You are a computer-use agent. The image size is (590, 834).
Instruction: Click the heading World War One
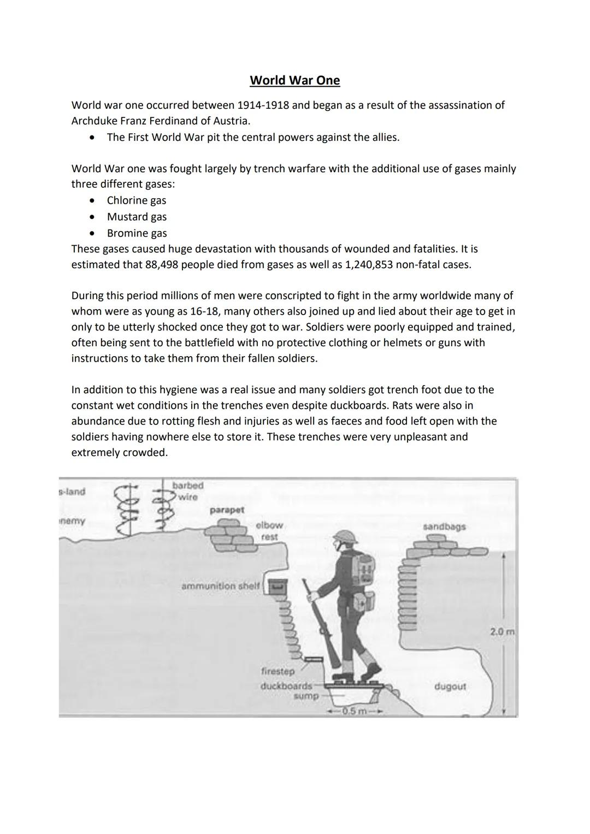(x=294, y=80)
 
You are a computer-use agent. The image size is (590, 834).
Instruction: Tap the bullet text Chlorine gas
(x=137, y=200)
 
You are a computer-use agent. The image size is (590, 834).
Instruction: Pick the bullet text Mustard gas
(x=137, y=217)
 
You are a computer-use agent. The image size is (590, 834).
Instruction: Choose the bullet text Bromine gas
(x=137, y=233)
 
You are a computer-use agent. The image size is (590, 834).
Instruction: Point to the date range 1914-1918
(x=263, y=105)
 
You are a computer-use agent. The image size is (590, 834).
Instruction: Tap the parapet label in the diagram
(x=227, y=510)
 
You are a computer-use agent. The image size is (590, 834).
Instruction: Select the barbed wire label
(x=188, y=491)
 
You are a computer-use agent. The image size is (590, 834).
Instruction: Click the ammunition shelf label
(x=220, y=586)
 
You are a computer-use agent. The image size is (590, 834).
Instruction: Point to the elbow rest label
(x=269, y=531)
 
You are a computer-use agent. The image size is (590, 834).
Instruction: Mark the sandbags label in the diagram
(x=444, y=527)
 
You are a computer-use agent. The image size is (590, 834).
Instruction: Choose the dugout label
(x=450, y=687)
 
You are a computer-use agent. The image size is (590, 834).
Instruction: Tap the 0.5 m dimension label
(x=353, y=711)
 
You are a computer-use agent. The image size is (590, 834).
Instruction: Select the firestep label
(x=278, y=671)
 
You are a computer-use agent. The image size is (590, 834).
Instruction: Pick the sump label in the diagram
(x=306, y=696)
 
